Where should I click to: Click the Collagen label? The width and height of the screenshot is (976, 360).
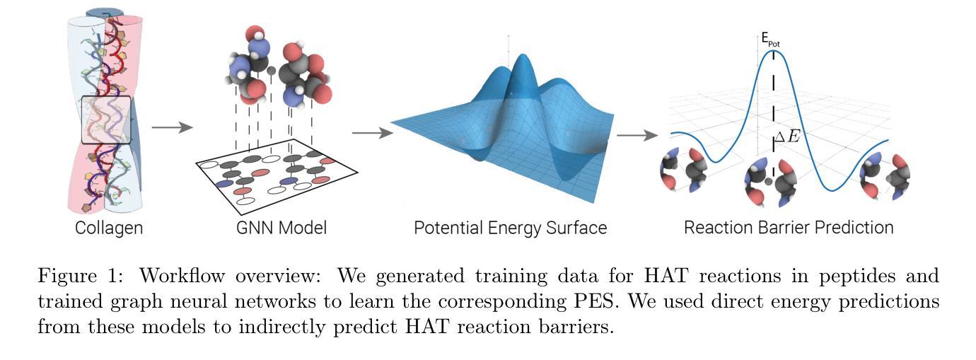(109, 228)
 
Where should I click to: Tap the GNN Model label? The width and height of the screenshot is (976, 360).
(281, 228)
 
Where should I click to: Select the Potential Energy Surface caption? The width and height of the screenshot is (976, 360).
(510, 228)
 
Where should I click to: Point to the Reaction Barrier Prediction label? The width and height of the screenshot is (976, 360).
(789, 228)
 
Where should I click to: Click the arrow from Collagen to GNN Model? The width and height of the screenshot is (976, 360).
(172, 127)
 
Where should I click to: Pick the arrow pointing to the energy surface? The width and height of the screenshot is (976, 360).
(373, 132)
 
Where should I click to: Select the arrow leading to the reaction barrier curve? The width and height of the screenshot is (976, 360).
(637, 136)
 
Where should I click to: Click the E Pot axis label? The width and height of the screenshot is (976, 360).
(770, 40)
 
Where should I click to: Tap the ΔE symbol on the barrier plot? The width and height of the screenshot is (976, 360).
(787, 137)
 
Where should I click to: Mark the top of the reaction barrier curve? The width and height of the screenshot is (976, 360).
(774, 50)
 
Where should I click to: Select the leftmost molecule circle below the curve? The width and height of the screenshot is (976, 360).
(684, 170)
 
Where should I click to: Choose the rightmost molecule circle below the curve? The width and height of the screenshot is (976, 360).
(885, 176)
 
